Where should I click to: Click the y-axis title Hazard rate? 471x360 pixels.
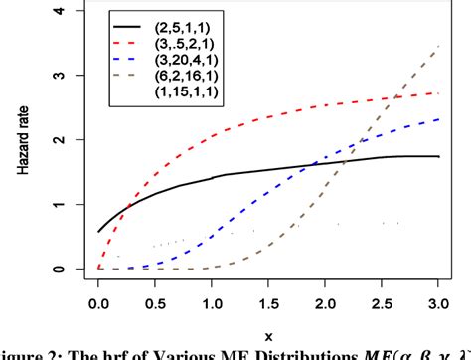(x=23, y=139)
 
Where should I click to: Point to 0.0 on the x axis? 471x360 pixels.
(x=98, y=301)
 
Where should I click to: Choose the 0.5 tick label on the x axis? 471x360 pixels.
(x=154, y=301)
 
